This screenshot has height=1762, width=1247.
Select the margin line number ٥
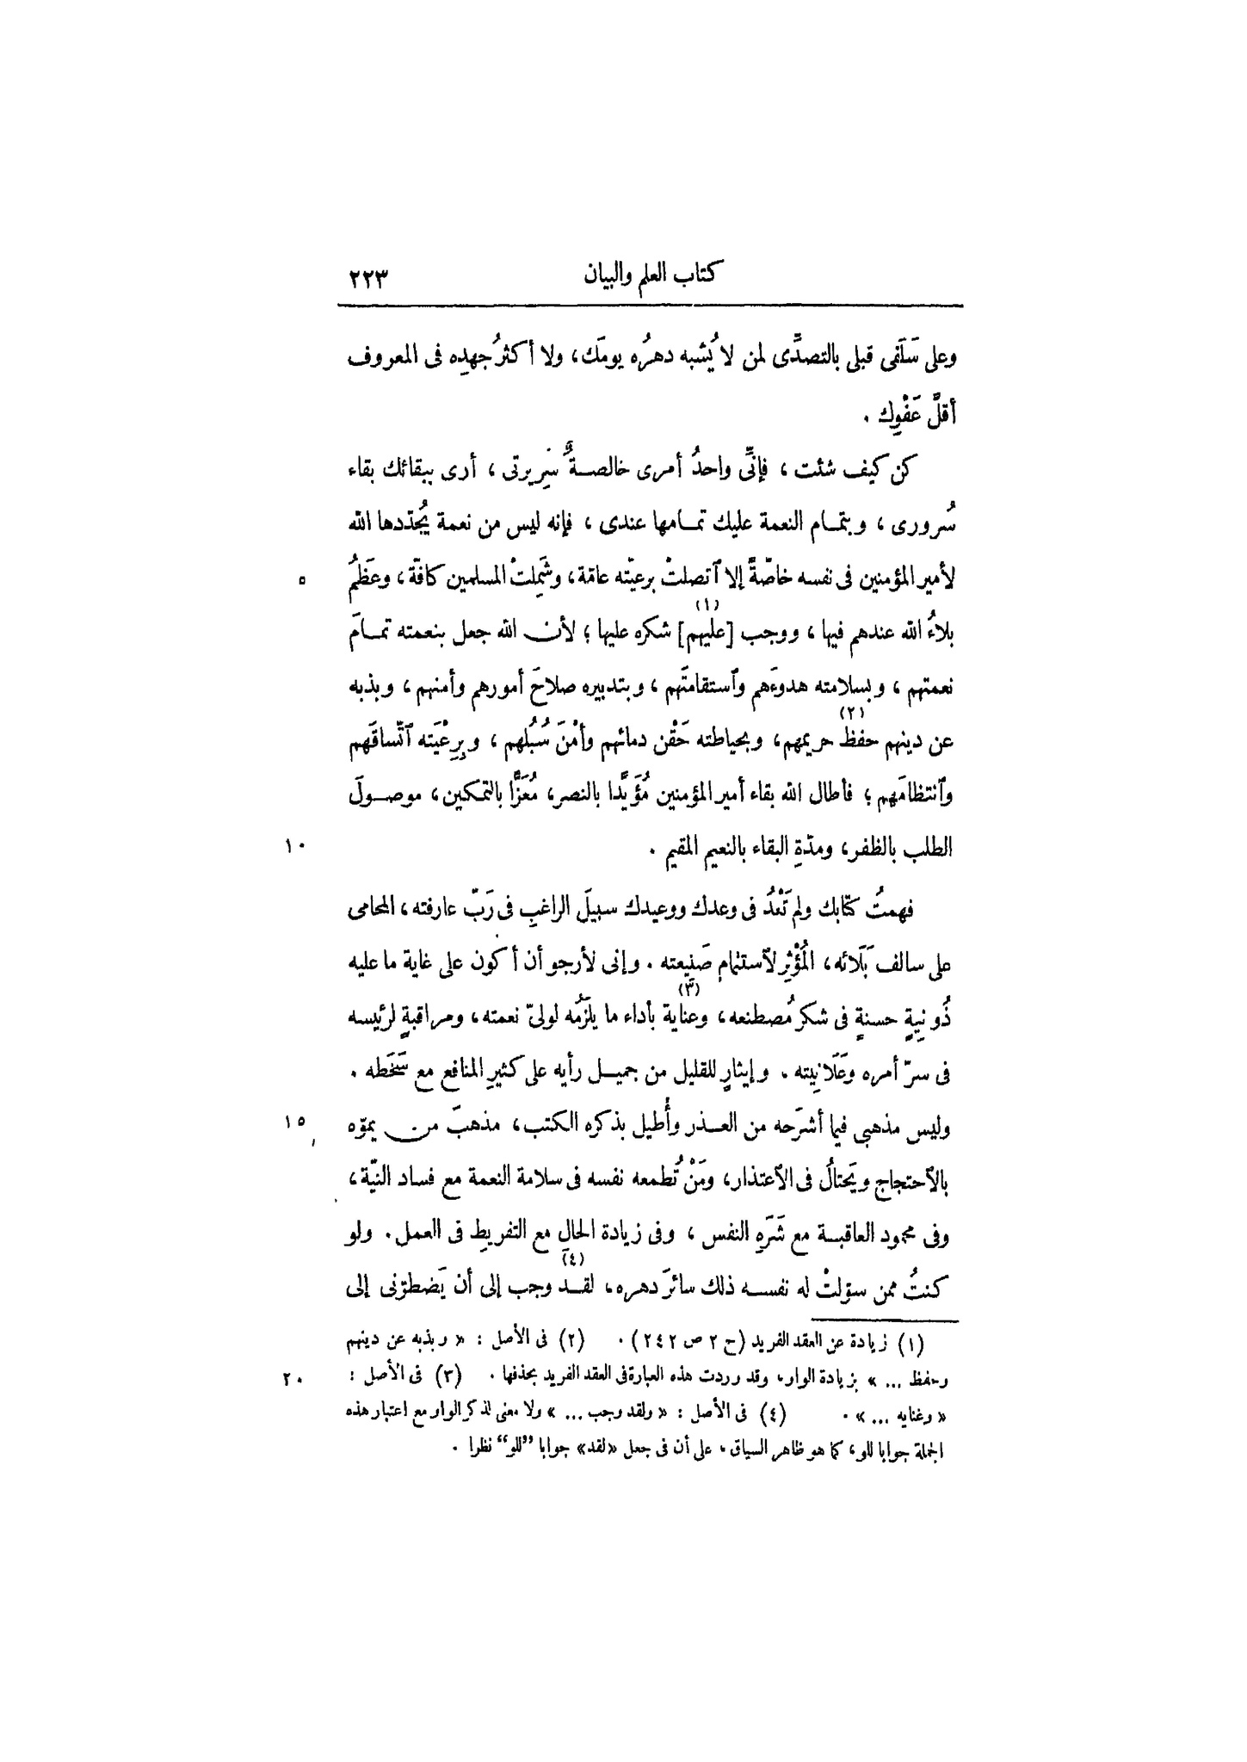300,582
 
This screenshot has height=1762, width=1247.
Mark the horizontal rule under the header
649,306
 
